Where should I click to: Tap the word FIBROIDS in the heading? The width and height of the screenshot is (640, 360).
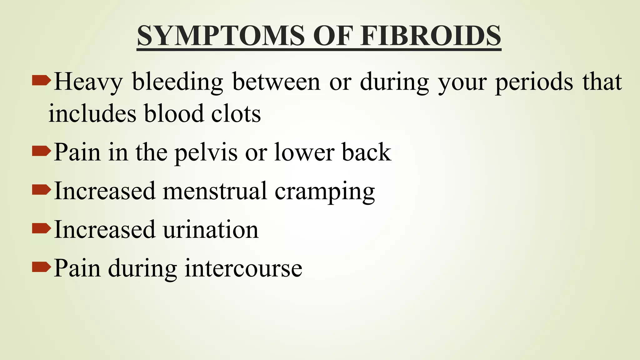coord(431,36)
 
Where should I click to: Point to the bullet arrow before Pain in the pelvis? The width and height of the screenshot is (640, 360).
coord(41,151)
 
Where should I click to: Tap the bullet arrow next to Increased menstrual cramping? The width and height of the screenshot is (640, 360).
coord(41,190)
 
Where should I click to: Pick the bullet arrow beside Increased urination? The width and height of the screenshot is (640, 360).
coord(41,228)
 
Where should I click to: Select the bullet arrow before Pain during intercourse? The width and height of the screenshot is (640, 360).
coord(41,267)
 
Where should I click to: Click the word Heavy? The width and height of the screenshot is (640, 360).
coord(88,82)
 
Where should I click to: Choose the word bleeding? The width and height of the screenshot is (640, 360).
coord(177,82)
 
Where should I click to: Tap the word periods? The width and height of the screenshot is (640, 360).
coord(534,82)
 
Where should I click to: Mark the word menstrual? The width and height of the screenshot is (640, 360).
coord(215,191)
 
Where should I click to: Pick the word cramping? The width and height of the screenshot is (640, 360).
coord(325,192)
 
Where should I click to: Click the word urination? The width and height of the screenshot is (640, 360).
coord(211,230)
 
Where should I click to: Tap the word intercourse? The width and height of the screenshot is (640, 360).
coord(243,268)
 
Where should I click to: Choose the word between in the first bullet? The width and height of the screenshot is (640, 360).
coord(277,82)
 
